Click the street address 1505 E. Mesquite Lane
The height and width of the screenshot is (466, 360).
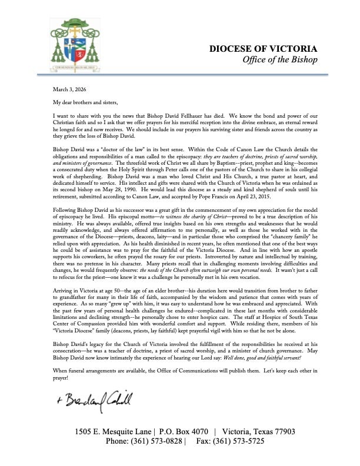click(112, 432)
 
